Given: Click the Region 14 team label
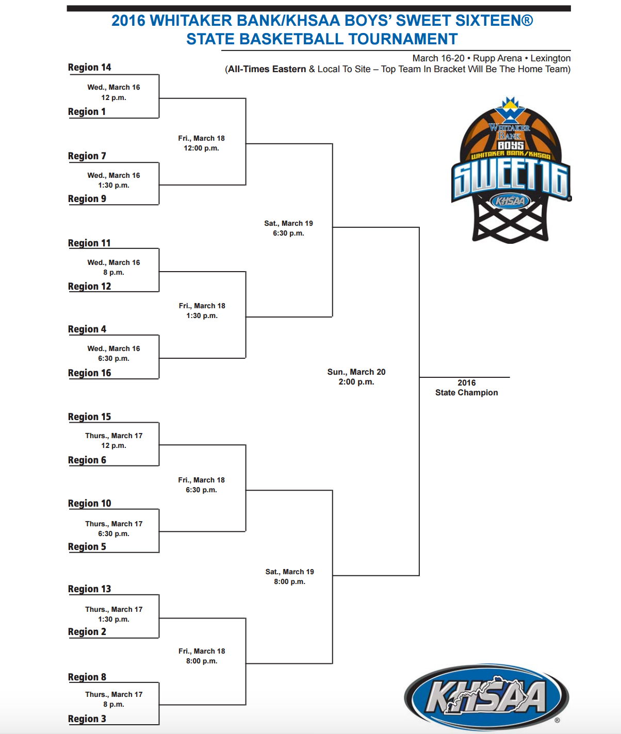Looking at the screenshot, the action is pos(90,67).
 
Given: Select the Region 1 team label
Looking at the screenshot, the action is pos(87,111).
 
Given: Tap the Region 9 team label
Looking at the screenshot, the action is pos(87,198).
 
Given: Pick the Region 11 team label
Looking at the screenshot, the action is pos(90,243).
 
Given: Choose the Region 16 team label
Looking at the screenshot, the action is pos(90,373).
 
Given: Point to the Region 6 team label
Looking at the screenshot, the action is pos(87,460).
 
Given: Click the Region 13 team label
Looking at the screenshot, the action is pos(90,589).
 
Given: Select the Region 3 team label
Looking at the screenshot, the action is pos(87,719).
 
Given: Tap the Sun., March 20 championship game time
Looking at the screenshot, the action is pos(356,377).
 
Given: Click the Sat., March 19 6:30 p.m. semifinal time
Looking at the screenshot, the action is pos(288,228).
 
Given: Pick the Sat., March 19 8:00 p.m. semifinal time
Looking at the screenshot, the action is pos(289,577).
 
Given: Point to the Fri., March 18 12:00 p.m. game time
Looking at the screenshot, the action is pos(202,143).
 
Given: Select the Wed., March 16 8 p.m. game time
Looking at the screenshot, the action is pos(113,268).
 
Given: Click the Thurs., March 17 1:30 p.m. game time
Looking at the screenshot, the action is pos(113,614).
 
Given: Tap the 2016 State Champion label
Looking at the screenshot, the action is pos(466,388).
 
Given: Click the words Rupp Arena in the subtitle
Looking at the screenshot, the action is pos(497,58).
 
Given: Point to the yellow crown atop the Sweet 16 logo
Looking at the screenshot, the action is pos(510,104).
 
